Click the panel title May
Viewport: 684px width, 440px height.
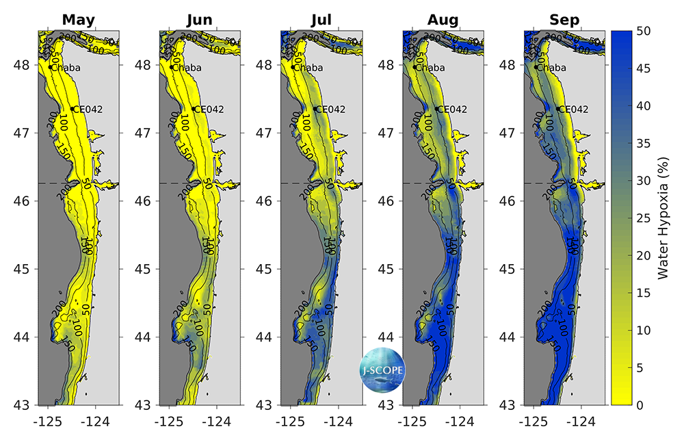tap(79, 19)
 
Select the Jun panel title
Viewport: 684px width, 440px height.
tap(200, 19)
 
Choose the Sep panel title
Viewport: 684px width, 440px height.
tap(564, 19)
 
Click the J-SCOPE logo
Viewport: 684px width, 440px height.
tap(383, 370)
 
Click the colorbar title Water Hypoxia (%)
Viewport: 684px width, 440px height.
tap(662, 218)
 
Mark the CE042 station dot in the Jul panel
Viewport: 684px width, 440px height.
tap(315, 109)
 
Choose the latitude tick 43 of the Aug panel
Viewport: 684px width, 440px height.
tap(386, 404)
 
